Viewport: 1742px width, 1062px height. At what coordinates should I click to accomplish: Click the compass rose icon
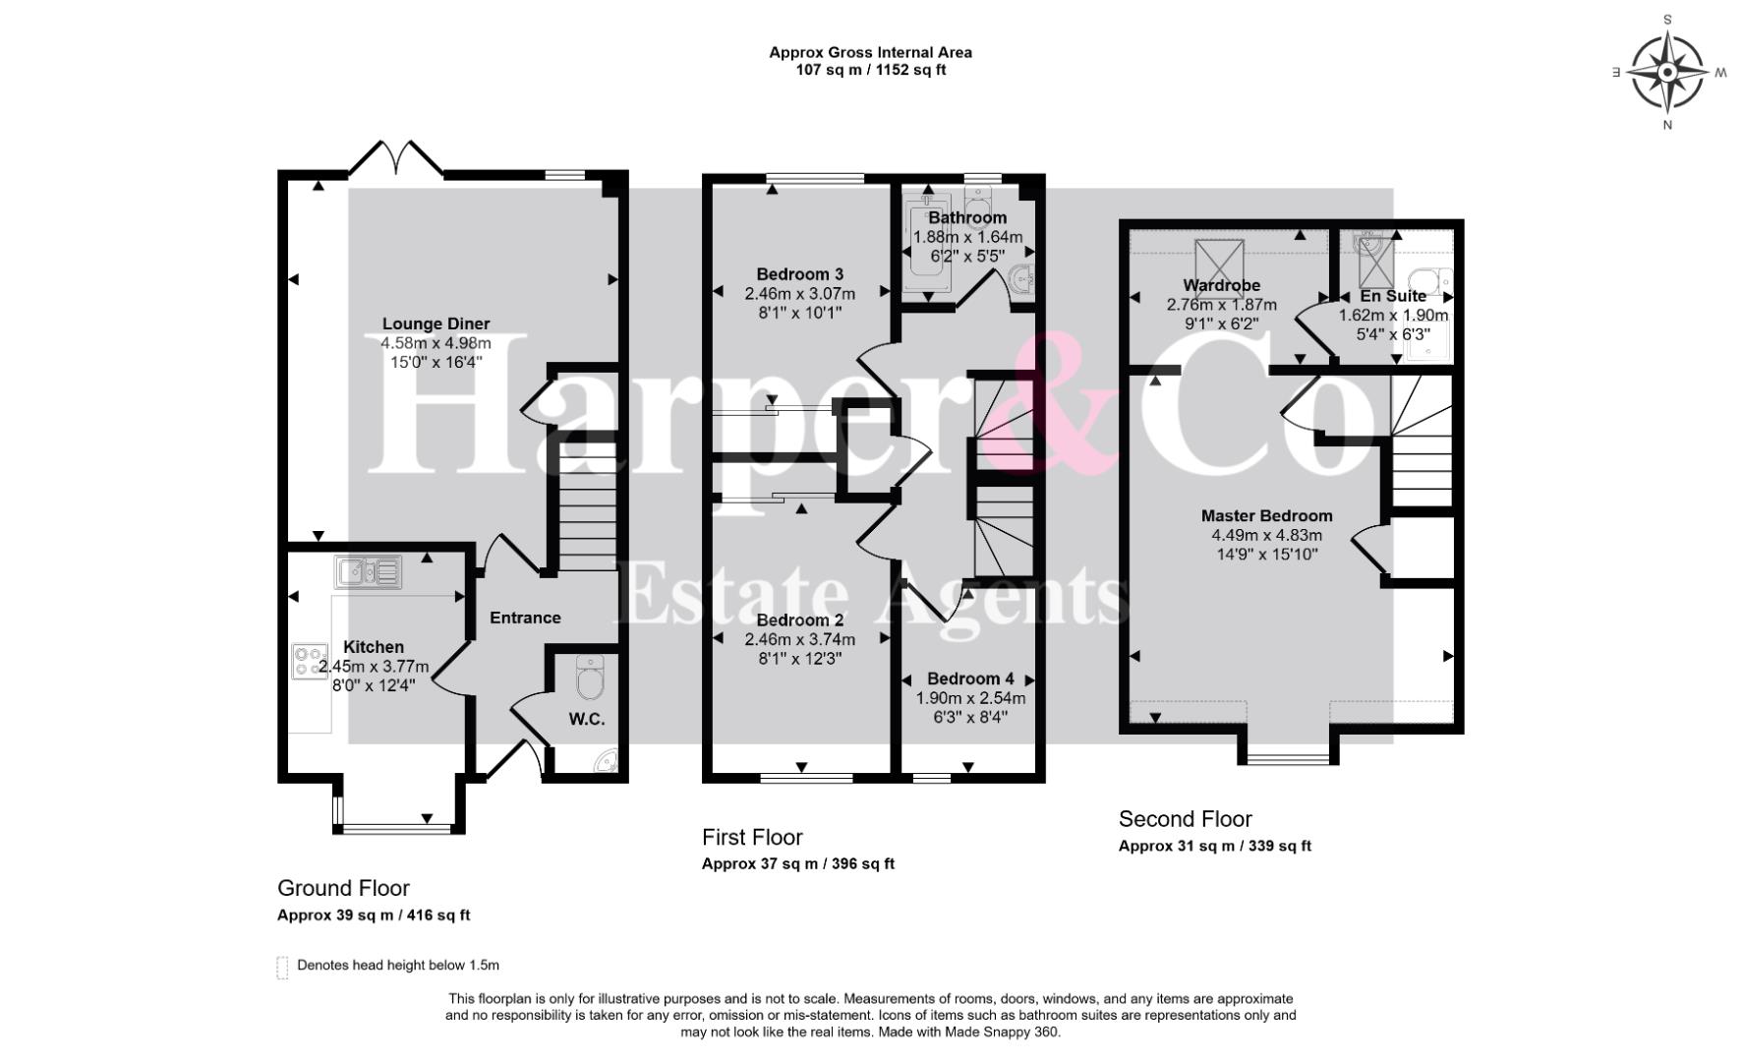[x=1668, y=73]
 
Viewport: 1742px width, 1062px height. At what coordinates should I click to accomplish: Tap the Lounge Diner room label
[x=435, y=324]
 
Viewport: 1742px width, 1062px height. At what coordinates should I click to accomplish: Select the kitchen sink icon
[x=368, y=571]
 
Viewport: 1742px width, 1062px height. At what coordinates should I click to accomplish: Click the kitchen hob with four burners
[x=310, y=661]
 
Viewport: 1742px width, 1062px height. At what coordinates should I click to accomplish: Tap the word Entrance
[x=525, y=618]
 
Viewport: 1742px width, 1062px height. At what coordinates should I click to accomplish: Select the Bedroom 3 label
[x=800, y=274]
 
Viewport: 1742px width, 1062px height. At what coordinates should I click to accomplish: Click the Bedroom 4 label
[x=970, y=678]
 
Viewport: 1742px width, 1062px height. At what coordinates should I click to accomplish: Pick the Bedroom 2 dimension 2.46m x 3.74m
[x=800, y=639]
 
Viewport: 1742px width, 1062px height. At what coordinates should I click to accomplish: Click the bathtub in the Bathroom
[x=925, y=241]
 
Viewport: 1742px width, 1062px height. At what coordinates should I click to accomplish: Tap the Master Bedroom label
[x=1267, y=516]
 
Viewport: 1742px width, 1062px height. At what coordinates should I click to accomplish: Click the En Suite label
[x=1393, y=296]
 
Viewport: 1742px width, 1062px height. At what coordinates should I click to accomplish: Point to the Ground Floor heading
[x=343, y=889]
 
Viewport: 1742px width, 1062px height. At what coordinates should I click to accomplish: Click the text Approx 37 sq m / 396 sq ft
[x=798, y=864]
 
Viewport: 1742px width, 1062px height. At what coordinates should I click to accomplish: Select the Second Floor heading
[x=1186, y=819]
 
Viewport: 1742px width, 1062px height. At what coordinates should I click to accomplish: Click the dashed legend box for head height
[x=283, y=968]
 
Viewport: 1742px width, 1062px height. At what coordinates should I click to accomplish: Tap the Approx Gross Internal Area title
[x=871, y=52]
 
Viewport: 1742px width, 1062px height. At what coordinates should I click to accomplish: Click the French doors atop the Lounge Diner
[x=397, y=158]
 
